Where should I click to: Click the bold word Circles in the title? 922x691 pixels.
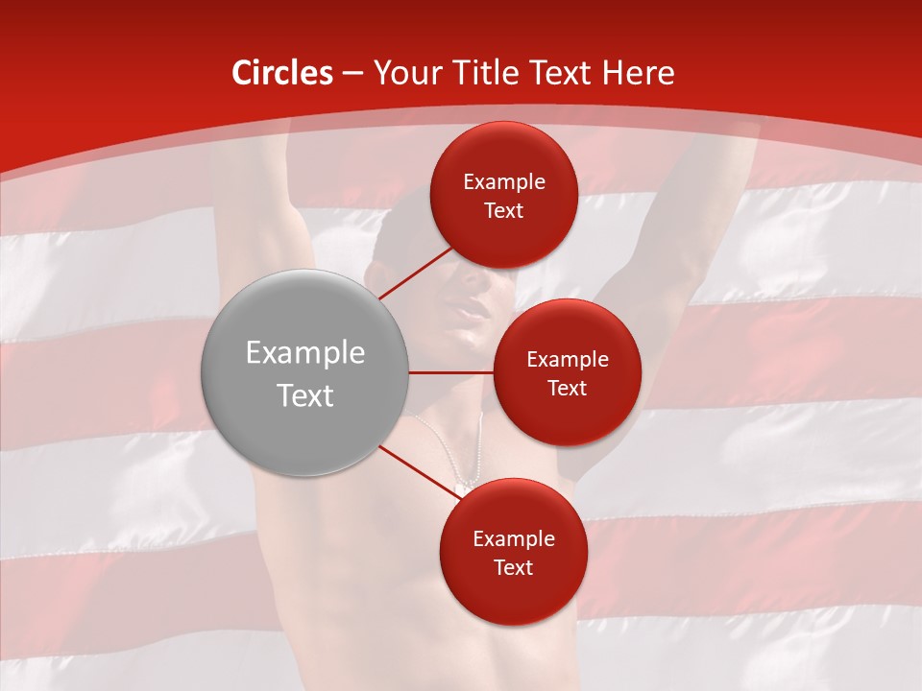[x=282, y=73]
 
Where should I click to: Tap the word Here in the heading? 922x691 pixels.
[x=639, y=73]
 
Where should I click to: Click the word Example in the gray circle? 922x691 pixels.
[x=305, y=353]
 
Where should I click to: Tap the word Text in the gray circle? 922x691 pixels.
[x=305, y=394]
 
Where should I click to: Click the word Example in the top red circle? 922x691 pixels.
[x=504, y=182]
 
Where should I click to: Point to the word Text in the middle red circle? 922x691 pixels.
[x=568, y=388]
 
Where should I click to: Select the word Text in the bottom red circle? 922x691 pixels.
[x=513, y=567]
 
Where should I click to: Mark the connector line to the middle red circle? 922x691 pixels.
[x=451, y=372]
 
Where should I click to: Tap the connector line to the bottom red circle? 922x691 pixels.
[x=418, y=473]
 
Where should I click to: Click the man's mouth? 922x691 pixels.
[x=471, y=310]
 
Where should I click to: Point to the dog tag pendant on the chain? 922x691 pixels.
[x=462, y=488]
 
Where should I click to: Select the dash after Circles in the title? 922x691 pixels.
[x=352, y=74]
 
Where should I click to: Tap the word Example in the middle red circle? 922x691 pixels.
[x=568, y=359]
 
